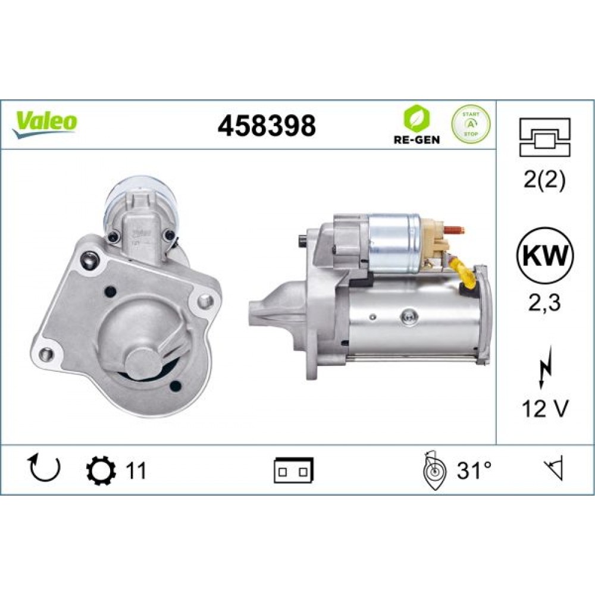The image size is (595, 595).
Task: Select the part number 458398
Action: click(x=266, y=126)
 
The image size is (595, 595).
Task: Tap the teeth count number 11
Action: click(x=135, y=471)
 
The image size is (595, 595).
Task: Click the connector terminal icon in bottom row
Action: click(x=294, y=471)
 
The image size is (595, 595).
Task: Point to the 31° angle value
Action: click(x=474, y=471)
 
